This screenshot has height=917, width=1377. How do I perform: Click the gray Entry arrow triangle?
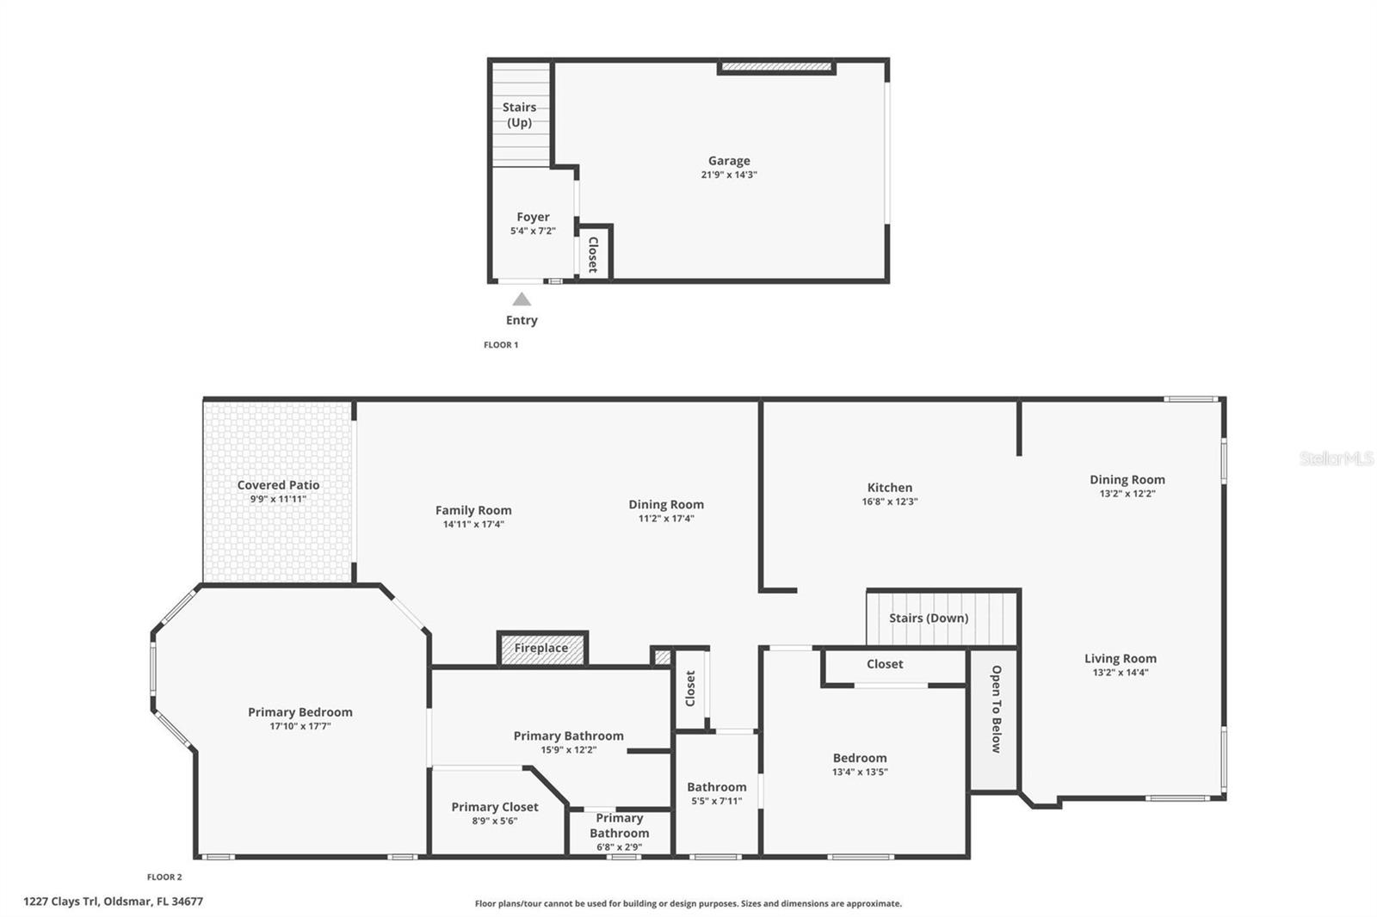point(522,299)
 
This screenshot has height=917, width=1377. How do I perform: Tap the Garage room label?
point(729,161)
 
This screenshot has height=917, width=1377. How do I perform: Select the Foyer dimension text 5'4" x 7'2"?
point(533,231)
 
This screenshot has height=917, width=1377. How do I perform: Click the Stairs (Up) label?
point(519,114)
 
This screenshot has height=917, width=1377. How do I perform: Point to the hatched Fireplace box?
point(542,648)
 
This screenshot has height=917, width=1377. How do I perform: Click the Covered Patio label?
point(278,485)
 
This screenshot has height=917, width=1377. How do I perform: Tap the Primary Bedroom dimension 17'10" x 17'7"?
point(300,726)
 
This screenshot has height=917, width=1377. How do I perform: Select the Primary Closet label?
point(495,807)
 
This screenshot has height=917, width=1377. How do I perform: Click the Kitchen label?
point(890,488)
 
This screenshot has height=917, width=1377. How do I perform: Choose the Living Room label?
point(1121,659)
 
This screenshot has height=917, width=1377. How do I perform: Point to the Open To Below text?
point(996,709)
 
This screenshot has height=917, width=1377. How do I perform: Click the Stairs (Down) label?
point(929,618)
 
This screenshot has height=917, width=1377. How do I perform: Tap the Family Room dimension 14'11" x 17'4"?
point(473,524)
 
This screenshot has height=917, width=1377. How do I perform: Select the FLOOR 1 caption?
point(501,345)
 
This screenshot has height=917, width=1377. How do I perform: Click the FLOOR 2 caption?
point(164,877)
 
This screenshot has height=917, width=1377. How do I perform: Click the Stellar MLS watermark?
point(1337,459)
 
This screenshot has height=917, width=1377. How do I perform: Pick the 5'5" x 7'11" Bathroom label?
point(716,787)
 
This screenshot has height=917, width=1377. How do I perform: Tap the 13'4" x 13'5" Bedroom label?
point(860,758)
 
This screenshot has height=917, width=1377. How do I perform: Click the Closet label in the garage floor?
point(593,255)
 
